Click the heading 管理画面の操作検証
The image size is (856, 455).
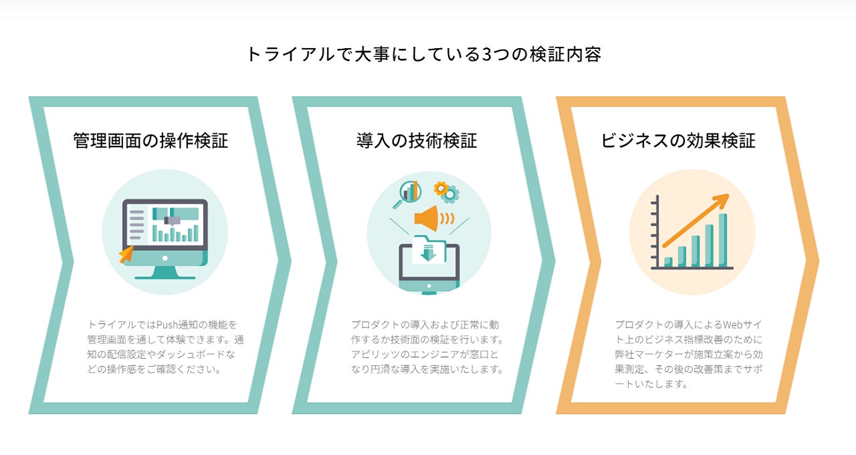point(150,141)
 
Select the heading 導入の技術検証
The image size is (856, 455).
point(417,141)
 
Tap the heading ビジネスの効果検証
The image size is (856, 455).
point(678,141)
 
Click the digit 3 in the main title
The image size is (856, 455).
point(486,54)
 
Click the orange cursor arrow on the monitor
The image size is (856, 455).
point(126,254)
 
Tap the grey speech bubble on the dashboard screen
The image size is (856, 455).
point(173,219)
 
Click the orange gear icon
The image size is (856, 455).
point(441,189)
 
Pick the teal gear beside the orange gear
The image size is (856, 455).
point(451,195)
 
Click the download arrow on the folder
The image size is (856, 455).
point(429,253)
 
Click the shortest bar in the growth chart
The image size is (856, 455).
point(668,262)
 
